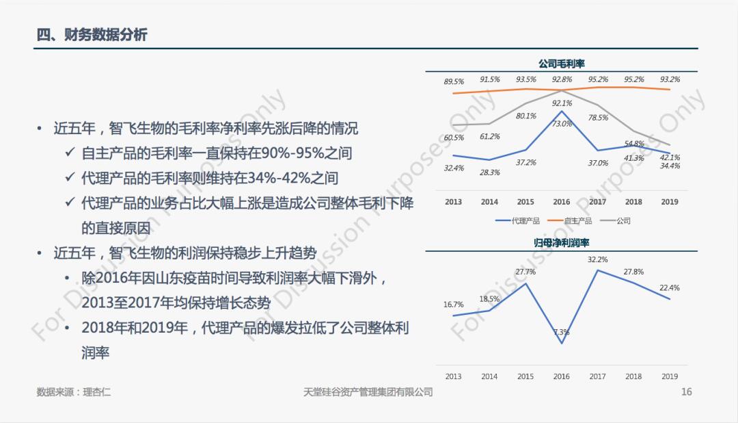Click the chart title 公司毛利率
tap(562, 64)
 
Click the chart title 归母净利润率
tap(562, 243)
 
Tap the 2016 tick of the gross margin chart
tap(562, 202)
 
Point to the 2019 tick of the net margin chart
tap(670, 376)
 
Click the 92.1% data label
tap(562, 103)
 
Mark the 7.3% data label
tap(562, 333)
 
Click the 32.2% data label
tap(598, 259)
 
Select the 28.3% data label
tap(490, 172)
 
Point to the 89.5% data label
tap(454, 81)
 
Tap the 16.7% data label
tap(454, 305)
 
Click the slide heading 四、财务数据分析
tap(92, 35)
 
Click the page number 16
tap(687, 392)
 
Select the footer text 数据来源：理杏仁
tap(74, 392)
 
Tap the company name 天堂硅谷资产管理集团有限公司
tap(368, 392)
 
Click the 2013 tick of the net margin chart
tap(454, 376)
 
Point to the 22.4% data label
tap(670, 287)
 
